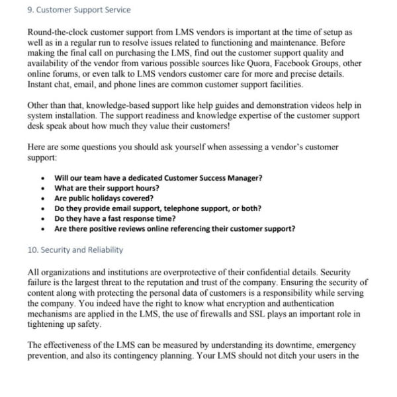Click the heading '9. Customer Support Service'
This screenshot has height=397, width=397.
click(x=80, y=11)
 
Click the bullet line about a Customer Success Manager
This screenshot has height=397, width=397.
click(x=158, y=179)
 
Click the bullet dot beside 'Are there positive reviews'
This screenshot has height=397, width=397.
click(x=43, y=229)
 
